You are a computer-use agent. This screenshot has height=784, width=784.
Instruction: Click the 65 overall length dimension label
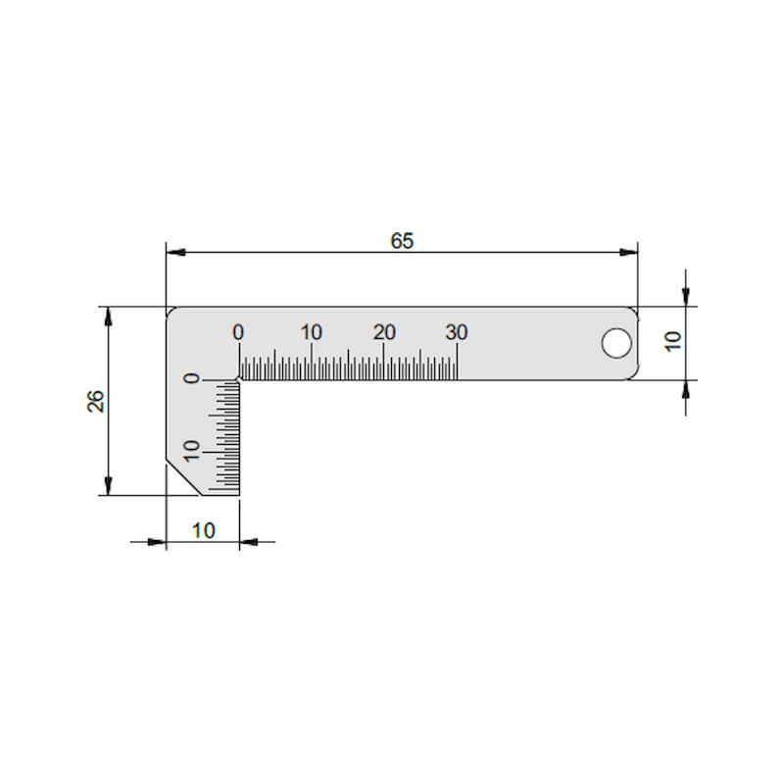402,241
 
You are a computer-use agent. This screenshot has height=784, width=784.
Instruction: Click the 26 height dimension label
96,401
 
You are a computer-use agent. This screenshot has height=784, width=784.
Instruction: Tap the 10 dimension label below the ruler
204,530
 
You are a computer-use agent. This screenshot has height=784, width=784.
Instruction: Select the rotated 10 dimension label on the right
673,341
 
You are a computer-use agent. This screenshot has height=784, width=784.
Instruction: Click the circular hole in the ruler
616,343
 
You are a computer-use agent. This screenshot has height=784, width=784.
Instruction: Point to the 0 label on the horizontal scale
238,332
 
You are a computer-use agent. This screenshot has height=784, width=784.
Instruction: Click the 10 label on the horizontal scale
311,332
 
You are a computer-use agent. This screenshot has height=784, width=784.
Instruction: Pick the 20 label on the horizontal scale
384,332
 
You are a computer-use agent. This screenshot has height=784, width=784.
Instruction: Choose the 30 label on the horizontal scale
457,332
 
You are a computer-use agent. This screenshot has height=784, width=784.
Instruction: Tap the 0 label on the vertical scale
192,378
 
